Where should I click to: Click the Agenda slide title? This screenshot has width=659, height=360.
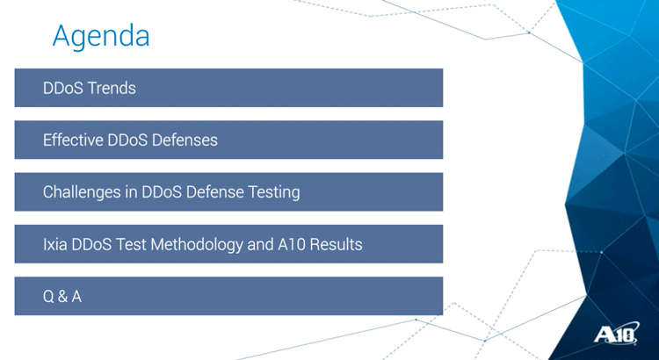pyautogui.click(x=101, y=37)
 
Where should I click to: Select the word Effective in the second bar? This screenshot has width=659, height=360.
pyautogui.click(x=73, y=140)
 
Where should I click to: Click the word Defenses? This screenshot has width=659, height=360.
pyautogui.click(x=185, y=140)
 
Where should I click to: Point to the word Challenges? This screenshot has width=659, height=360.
pyautogui.click(x=82, y=192)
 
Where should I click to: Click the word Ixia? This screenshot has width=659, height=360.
pyautogui.click(x=55, y=244)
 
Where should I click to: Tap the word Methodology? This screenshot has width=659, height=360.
pyautogui.click(x=197, y=244)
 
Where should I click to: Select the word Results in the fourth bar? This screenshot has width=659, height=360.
pyautogui.click(x=336, y=244)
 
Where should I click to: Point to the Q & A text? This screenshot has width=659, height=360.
pyautogui.click(x=62, y=297)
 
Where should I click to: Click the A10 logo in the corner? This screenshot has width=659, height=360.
pyautogui.click(x=617, y=334)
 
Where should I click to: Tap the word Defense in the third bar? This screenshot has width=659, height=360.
pyautogui.click(x=214, y=192)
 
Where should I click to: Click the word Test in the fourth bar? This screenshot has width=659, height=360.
pyautogui.click(x=131, y=244)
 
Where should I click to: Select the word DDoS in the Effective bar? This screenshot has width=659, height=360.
pyautogui.click(x=127, y=140)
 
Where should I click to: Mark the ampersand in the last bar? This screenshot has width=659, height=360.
pyautogui.click(x=62, y=297)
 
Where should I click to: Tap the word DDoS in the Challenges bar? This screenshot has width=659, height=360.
pyautogui.click(x=162, y=192)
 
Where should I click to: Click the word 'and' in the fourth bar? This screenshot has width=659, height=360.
pyautogui.click(x=261, y=244)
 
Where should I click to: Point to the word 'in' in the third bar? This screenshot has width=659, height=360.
pyautogui.click(x=131, y=192)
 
